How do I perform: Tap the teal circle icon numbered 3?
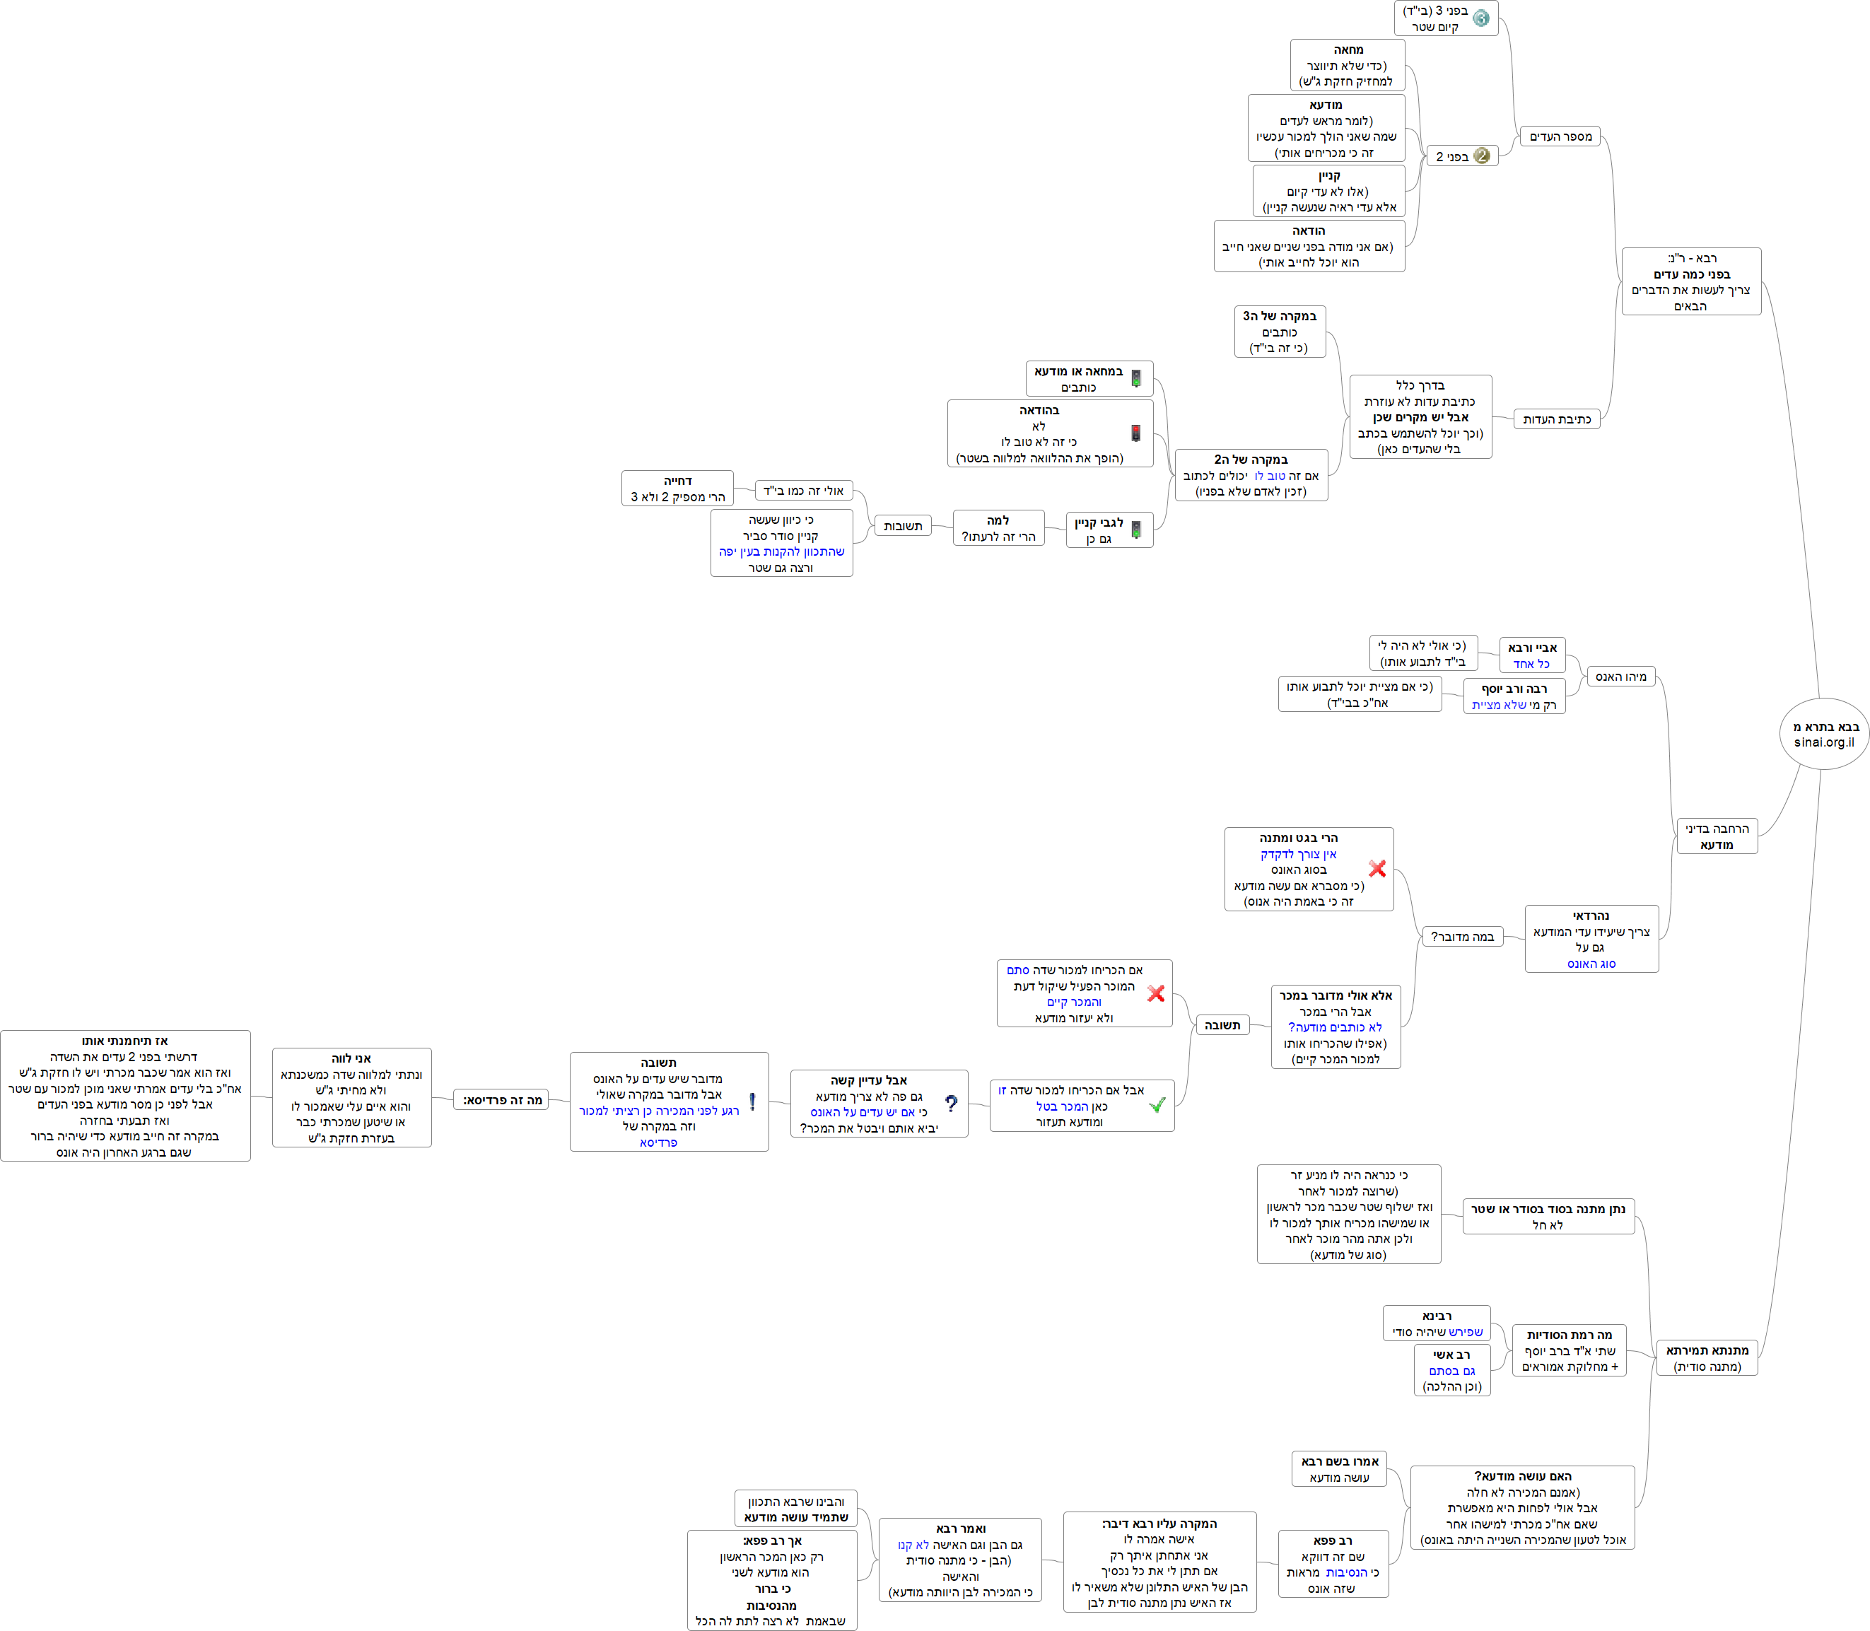pyautogui.click(x=1480, y=18)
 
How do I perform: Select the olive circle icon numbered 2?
pyautogui.click(x=1481, y=156)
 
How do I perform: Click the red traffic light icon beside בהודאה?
pyautogui.click(x=1135, y=433)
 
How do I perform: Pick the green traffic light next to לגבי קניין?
pyautogui.click(x=1135, y=530)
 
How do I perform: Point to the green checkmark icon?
pyautogui.click(x=1157, y=1105)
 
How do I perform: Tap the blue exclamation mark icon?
pyautogui.click(x=752, y=1101)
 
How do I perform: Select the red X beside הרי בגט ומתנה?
pyautogui.click(x=1377, y=868)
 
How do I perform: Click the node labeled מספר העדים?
pyautogui.click(x=1560, y=136)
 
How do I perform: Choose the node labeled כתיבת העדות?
pyautogui.click(x=1556, y=419)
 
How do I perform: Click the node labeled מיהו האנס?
pyautogui.click(x=1620, y=677)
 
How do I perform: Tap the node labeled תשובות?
pyautogui.click(x=903, y=526)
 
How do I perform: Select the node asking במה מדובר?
pyautogui.click(x=1462, y=937)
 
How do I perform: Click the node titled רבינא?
pyautogui.click(x=1436, y=1323)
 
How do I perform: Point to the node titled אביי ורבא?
pyautogui.click(x=1532, y=655)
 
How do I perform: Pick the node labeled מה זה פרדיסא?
pyautogui.click(x=501, y=1099)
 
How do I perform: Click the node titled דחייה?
pyautogui.click(x=677, y=489)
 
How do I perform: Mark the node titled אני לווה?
pyautogui.click(x=351, y=1098)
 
